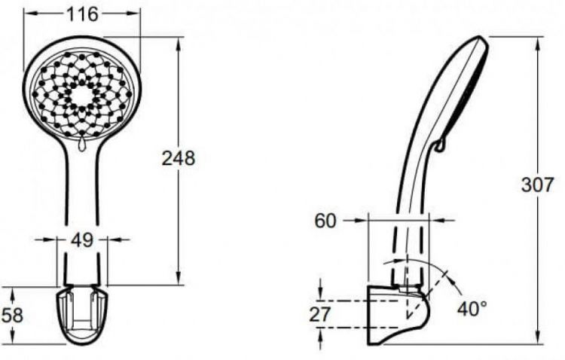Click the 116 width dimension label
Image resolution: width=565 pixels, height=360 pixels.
click(x=82, y=14)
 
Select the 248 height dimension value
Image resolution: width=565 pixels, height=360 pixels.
click(x=179, y=158)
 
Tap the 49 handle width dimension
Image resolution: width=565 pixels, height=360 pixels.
click(x=82, y=240)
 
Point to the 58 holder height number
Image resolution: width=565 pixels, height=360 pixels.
click(x=13, y=314)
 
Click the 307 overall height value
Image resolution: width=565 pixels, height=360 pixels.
click(x=537, y=185)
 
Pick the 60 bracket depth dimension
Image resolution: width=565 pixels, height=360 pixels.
click(x=325, y=221)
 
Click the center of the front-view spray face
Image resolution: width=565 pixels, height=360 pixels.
click(x=81, y=94)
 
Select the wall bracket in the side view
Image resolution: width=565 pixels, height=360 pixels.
click(x=395, y=316)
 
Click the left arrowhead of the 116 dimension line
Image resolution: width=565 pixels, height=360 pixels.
click(x=27, y=14)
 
